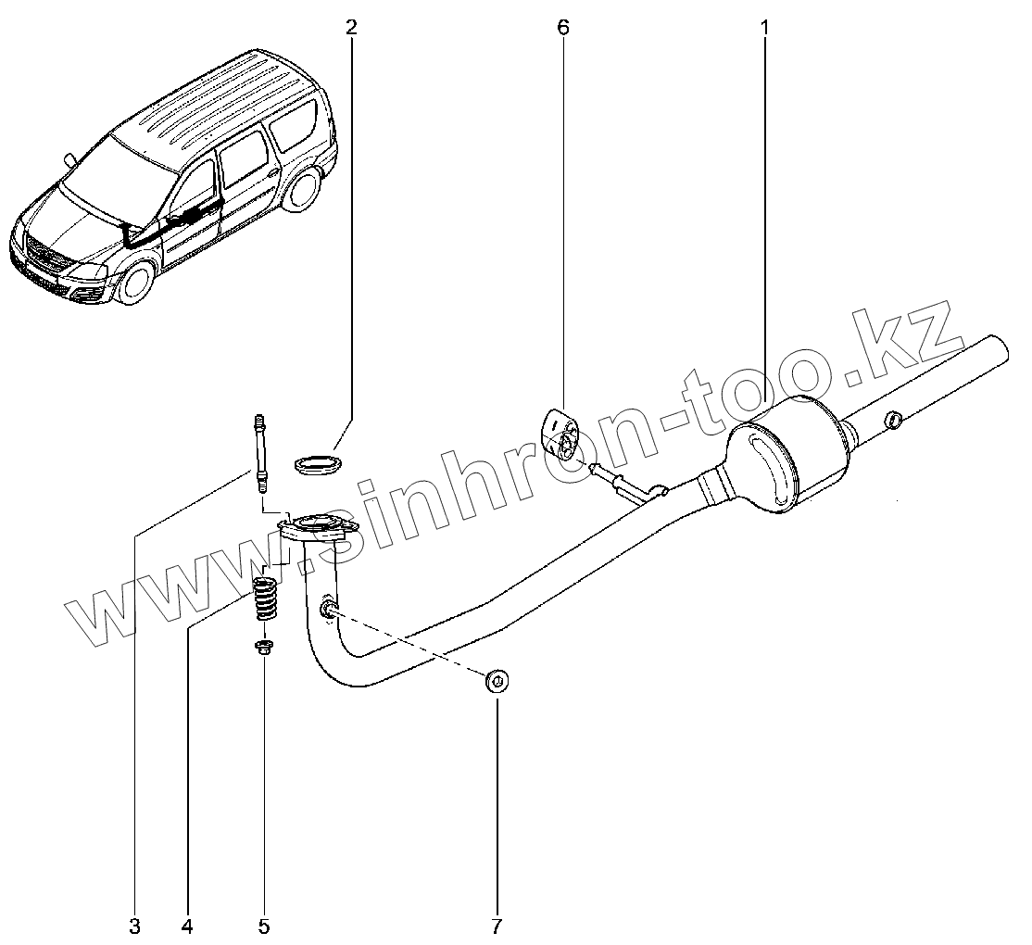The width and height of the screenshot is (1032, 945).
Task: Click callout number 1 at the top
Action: click(765, 28)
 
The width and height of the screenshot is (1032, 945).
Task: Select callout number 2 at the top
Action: click(350, 28)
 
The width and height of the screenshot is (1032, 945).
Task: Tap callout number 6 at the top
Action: click(563, 28)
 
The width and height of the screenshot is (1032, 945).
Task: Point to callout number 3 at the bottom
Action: click(135, 925)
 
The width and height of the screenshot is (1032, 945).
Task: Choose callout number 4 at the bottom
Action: click(188, 925)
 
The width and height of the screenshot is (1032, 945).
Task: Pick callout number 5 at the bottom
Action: click(263, 925)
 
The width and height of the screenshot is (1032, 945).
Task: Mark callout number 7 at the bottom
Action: click(496, 925)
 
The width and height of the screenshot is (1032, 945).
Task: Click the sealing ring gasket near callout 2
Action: click(316, 462)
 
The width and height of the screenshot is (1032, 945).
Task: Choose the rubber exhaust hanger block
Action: click(559, 432)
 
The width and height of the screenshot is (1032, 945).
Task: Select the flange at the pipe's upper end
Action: click(317, 529)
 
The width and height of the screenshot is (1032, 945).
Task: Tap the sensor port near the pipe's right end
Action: click(893, 419)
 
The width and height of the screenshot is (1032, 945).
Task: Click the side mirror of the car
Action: click(69, 158)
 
